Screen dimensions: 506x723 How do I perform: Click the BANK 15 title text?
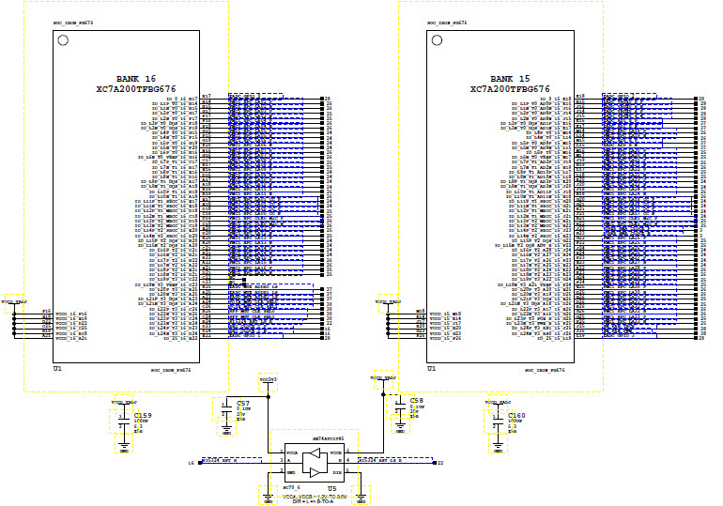[511, 78]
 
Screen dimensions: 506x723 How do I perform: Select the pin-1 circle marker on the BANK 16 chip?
[63, 40]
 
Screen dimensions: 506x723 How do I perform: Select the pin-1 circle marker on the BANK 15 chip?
[436, 40]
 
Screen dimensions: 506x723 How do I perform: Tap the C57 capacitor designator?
[243, 402]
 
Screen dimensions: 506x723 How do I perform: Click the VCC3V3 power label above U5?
[268, 379]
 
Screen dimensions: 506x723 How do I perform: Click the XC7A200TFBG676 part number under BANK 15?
[511, 89]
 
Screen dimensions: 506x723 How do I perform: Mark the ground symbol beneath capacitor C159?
[124, 449]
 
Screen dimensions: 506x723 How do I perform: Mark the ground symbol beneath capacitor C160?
[497, 449]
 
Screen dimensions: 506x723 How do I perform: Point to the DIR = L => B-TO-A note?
[322, 502]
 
